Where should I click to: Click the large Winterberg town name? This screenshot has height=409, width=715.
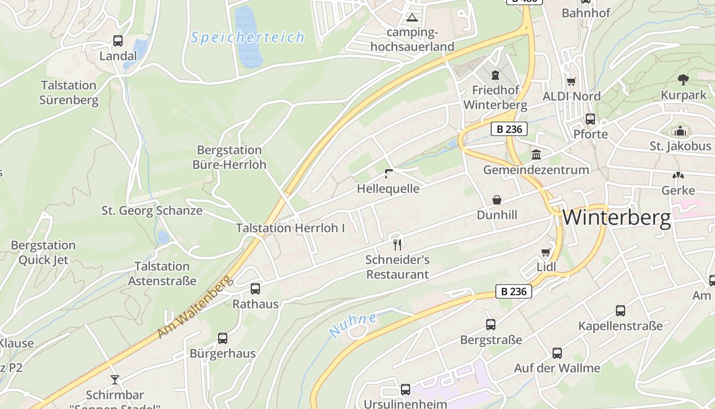pyautogui.click(x=616, y=218)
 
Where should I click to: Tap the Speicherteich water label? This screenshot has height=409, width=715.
pyautogui.click(x=248, y=37)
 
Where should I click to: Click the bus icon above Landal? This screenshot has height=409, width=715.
pyautogui.click(x=118, y=41)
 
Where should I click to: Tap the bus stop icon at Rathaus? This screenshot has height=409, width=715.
pyautogui.click(x=255, y=289)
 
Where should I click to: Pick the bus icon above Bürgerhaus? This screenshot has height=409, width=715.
pyautogui.click(x=223, y=338)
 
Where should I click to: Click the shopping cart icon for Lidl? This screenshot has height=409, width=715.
pyautogui.click(x=545, y=252)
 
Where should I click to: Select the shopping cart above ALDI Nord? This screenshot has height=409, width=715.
pyautogui.click(x=571, y=82)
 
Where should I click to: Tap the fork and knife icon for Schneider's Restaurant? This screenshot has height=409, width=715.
pyautogui.click(x=398, y=245)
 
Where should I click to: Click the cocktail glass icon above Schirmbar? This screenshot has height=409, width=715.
pyautogui.click(x=114, y=380)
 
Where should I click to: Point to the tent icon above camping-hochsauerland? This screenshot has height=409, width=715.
pyautogui.click(x=412, y=18)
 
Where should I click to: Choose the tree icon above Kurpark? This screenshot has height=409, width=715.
pyautogui.click(x=683, y=79)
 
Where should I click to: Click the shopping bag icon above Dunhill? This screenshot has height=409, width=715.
pyautogui.click(x=496, y=200)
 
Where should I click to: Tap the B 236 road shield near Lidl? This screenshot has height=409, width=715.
pyautogui.click(x=514, y=292)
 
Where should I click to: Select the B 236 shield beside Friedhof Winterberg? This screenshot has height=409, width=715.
pyautogui.click(x=509, y=129)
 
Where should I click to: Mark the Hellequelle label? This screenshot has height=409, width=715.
pyautogui.click(x=388, y=189)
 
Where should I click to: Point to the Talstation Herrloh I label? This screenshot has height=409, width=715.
pyautogui.click(x=291, y=228)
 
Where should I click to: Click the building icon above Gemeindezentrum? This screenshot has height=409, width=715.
pyautogui.click(x=536, y=154)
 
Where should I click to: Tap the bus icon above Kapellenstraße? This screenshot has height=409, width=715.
pyautogui.click(x=621, y=310)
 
